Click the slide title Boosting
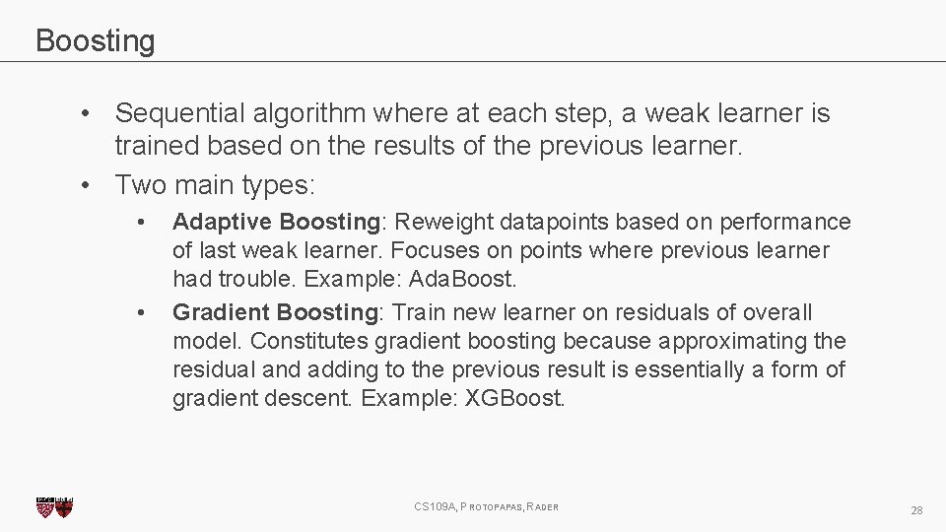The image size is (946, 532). (x=95, y=41)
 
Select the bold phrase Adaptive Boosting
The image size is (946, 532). (x=276, y=223)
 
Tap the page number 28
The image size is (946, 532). (x=916, y=510)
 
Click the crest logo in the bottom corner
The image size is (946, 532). (x=54, y=506)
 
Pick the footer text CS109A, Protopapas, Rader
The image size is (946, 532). (x=487, y=506)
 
